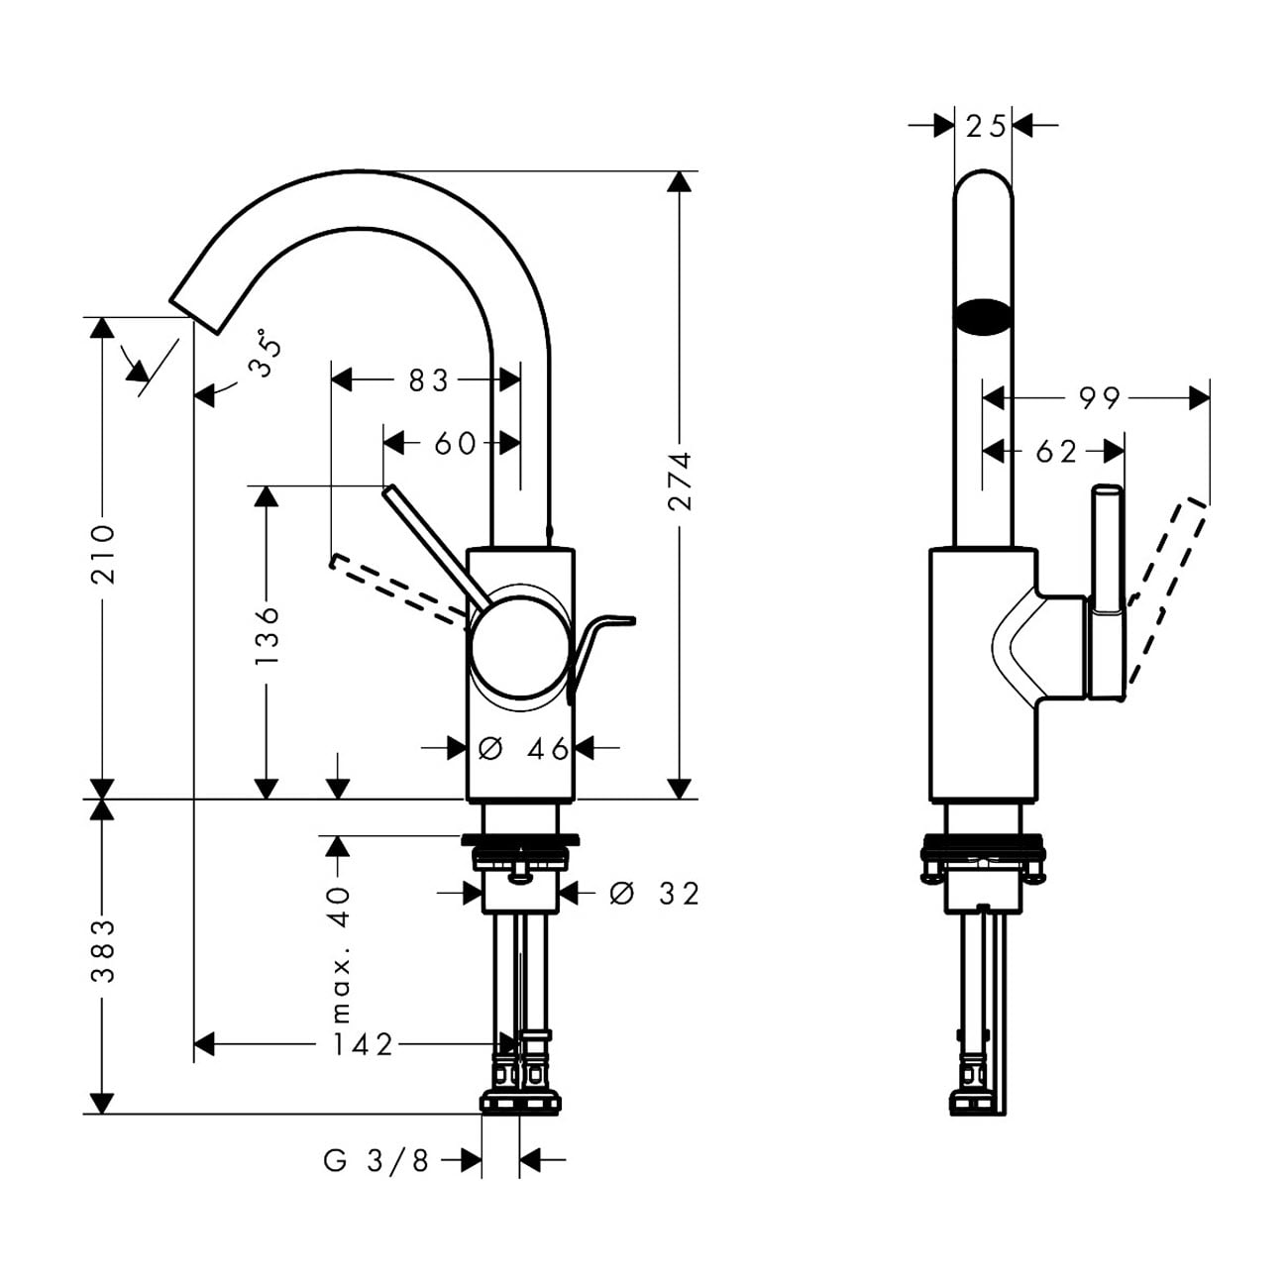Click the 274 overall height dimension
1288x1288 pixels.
click(x=680, y=482)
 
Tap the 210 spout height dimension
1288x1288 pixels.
click(x=103, y=554)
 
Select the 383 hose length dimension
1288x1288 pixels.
click(x=103, y=950)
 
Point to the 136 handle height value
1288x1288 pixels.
click(x=267, y=635)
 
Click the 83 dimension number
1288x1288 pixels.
click(x=428, y=380)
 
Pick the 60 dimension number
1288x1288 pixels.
click(x=456, y=444)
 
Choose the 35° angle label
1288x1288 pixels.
click(x=265, y=355)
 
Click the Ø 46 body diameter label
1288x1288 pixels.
click(x=523, y=749)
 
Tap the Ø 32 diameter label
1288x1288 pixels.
click(x=655, y=894)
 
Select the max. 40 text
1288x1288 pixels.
click(x=340, y=954)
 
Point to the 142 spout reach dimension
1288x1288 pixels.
click(x=363, y=1044)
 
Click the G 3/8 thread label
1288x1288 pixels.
click(x=376, y=1160)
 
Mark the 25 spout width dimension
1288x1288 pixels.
click(x=985, y=127)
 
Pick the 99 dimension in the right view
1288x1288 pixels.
click(x=1099, y=398)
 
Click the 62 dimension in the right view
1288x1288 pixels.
click(x=1055, y=452)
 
